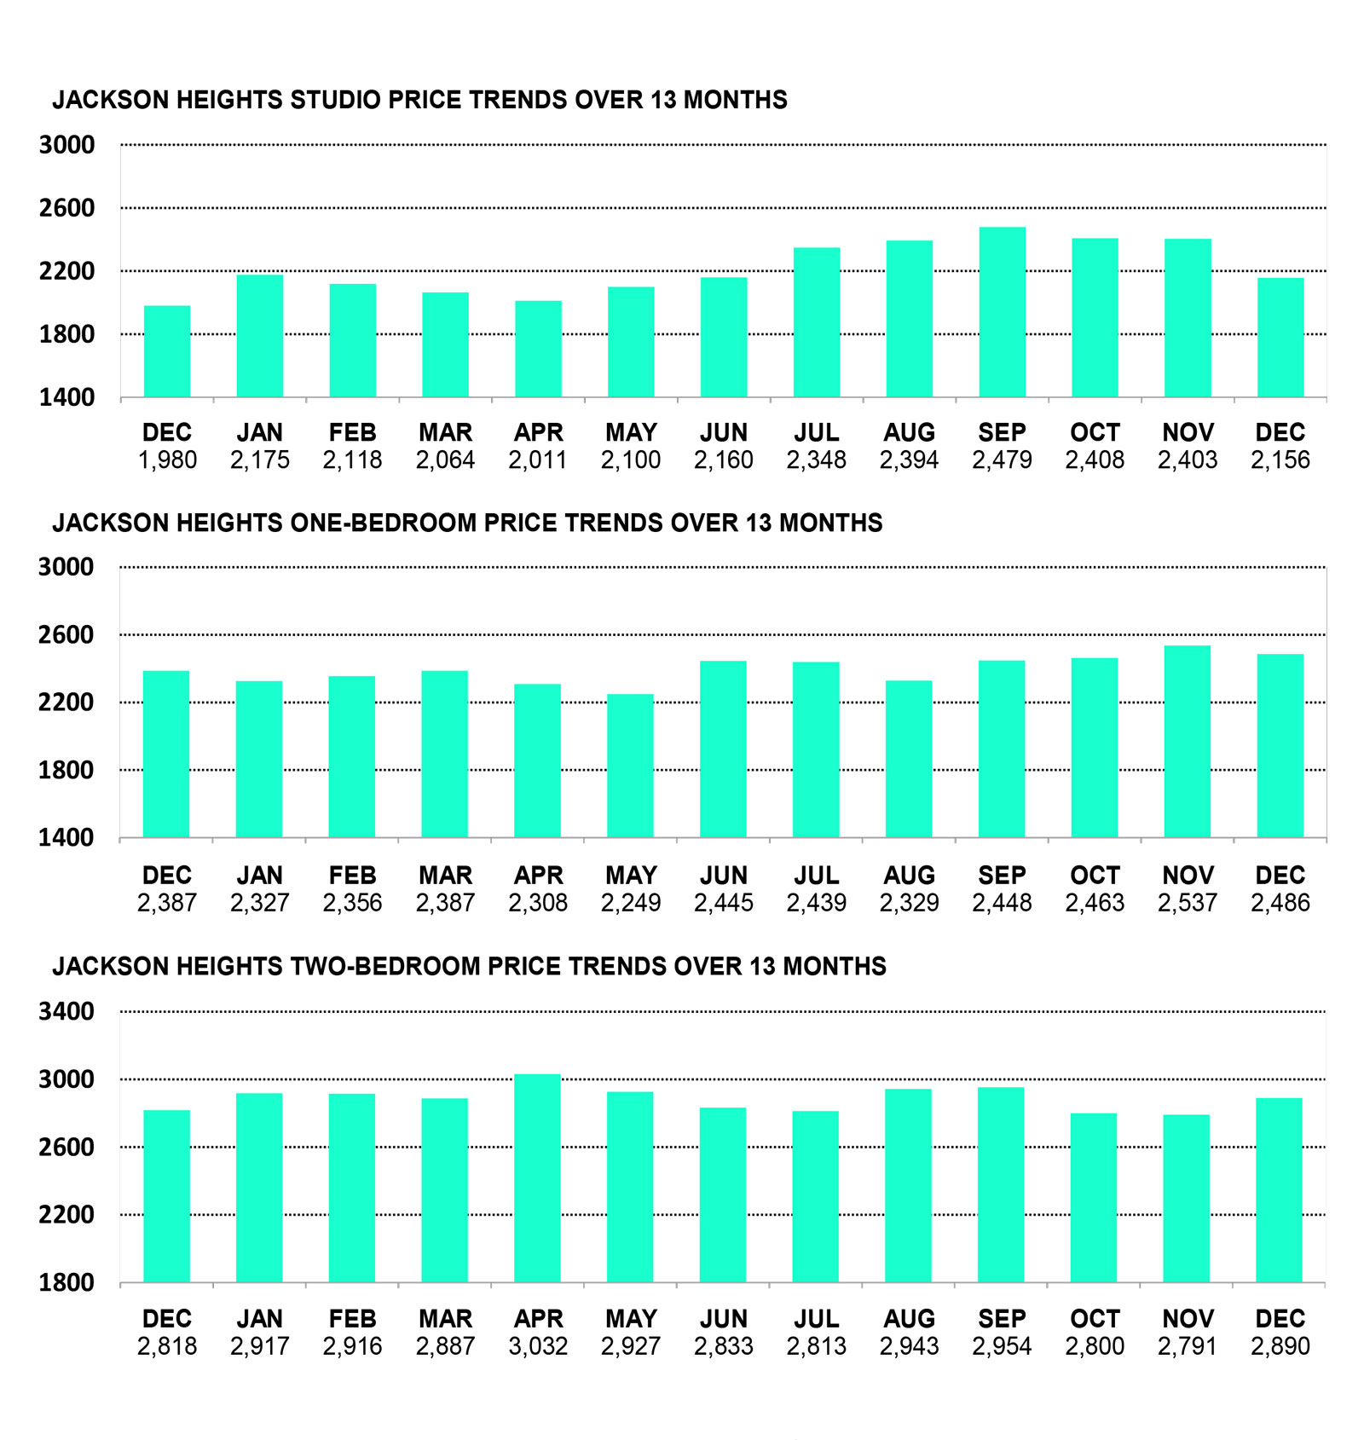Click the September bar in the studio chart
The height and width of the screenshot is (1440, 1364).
point(1002,312)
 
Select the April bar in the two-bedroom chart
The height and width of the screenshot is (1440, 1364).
point(537,1178)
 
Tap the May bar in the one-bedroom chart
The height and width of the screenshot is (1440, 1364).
point(630,766)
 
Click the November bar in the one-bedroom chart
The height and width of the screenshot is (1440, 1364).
point(1187,742)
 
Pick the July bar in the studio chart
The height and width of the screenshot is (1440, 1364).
point(817,322)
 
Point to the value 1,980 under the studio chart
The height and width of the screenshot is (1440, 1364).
point(167,460)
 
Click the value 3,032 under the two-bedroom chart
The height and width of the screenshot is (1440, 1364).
point(538,1346)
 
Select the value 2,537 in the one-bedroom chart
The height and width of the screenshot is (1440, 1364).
point(1187,903)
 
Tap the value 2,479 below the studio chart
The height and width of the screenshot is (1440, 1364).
point(1002,460)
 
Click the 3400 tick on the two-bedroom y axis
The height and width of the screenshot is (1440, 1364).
point(66,1012)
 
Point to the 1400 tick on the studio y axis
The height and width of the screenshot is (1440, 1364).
point(66,397)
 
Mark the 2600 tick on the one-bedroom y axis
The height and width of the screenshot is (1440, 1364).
point(66,635)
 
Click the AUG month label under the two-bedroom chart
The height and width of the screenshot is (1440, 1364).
point(909,1319)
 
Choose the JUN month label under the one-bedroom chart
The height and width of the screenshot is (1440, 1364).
point(724,876)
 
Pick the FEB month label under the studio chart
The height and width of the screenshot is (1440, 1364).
point(352,432)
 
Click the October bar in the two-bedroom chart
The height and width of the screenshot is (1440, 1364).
point(1094,1198)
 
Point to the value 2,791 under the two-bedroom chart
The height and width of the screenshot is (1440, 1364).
point(1187,1346)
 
